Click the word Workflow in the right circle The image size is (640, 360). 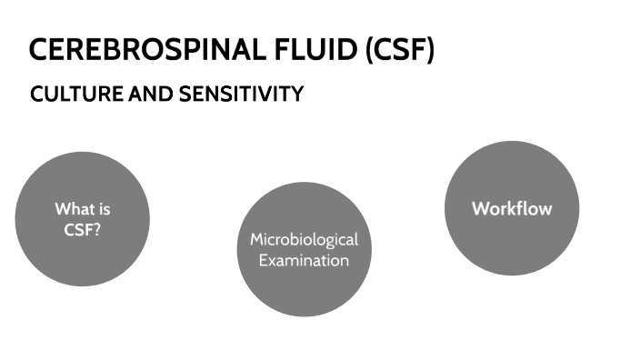(512, 208)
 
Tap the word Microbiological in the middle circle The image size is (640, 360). (305, 240)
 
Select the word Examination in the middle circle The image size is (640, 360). (305, 260)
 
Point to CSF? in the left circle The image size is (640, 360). (83, 229)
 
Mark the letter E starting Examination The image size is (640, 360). (263, 260)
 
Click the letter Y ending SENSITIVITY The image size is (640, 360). (296, 95)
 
